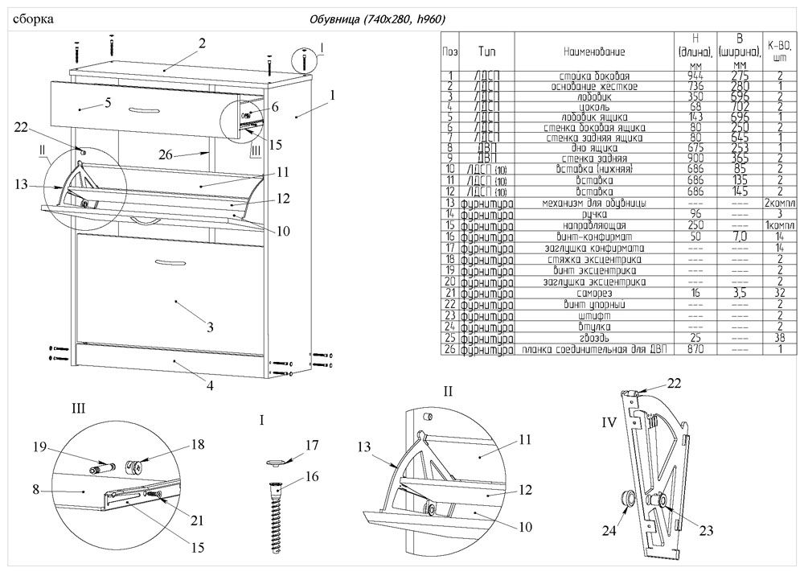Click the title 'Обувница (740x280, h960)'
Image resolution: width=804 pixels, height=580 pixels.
click(x=377, y=19)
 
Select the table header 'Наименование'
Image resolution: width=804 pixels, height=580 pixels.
click(x=594, y=51)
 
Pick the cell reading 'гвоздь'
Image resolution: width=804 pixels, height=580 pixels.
click(x=595, y=339)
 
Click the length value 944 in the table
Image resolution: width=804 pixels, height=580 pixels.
click(x=696, y=75)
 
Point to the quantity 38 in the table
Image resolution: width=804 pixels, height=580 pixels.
click(x=779, y=339)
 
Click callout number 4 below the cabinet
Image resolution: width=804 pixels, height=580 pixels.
click(x=211, y=385)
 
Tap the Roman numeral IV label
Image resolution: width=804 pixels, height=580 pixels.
click(x=609, y=421)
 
